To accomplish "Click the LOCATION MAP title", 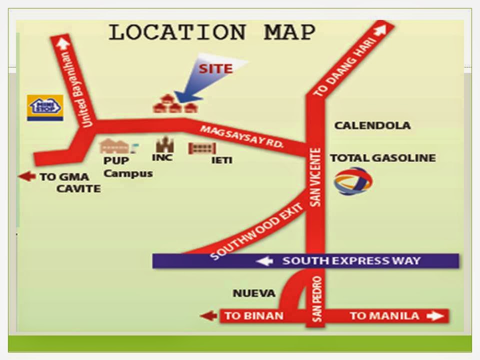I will [x=212, y=33].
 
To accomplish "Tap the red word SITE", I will [x=216, y=68].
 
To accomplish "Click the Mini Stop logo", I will [x=45, y=107].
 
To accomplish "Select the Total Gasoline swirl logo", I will [x=353, y=181].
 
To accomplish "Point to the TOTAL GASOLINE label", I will [x=382, y=158].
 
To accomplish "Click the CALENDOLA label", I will [x=372, y=125].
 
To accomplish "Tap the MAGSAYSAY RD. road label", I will [x=242, y=136].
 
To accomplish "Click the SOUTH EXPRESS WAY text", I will [x=351, y=261].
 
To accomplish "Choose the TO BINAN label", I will [x=253, y=316].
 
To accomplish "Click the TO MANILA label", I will [x=384, y=316].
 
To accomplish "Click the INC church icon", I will [x=163, y=145].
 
